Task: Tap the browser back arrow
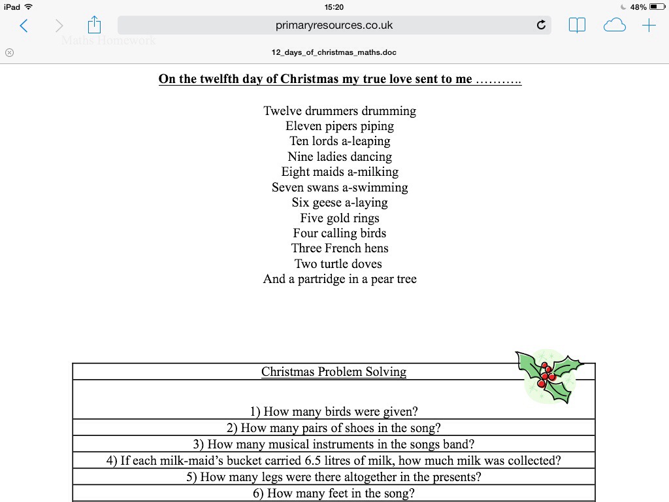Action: click(24, 25)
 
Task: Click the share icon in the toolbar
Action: click(95, 25)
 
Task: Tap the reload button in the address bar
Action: click(541, 25)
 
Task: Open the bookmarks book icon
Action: click(577, 25)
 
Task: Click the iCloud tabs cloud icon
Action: click(614, 25)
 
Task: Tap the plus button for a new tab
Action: click(649, 25)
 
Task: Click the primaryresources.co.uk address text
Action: click(334, 25)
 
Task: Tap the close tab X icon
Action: click(9, 52)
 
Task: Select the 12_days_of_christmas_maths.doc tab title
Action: click(334, 52)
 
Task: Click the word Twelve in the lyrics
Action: click(282, 111)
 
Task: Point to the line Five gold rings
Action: click(340, 218)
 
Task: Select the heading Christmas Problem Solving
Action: click(334, 372)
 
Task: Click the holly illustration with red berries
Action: click(548, 376)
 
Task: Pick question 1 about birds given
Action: click(334, 412)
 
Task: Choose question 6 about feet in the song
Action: click(334, 494)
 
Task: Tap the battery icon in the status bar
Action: click(656, 7)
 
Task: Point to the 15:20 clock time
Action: click(334, 7)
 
